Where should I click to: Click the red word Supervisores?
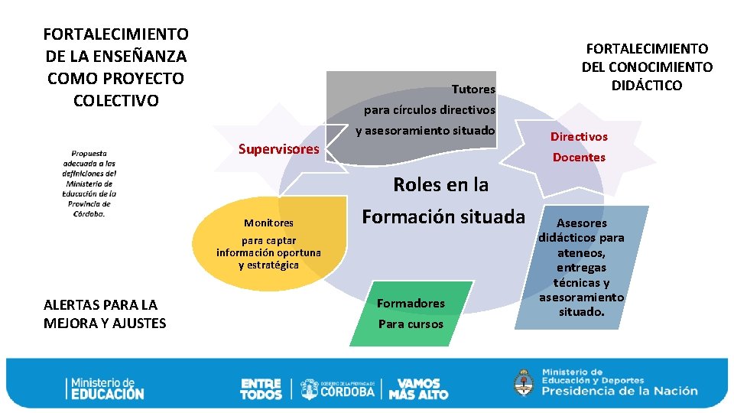click(278, 149)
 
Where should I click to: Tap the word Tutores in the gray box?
click(473, 89)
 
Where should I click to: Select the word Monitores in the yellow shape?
click(268, 223)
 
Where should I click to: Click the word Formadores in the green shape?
click(411, 304)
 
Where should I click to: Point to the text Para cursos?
click(411, 324)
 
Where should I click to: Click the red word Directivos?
click(579, 137)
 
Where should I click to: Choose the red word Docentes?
click(579, 158)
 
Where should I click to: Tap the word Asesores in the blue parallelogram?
click(581, 223)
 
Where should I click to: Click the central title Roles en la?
click(440, 185)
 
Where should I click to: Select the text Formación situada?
click(443, 217)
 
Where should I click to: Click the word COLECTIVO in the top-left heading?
click(115, 101)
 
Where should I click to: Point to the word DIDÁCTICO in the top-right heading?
click(647, 86)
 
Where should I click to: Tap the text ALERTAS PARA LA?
click(101, 305)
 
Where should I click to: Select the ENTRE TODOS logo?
click(261, 389)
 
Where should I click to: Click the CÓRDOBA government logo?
click(337, 389)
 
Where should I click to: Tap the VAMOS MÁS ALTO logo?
click(418, 389)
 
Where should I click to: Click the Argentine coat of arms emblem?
click(524, 382)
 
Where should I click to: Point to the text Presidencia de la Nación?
click(620, 391)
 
